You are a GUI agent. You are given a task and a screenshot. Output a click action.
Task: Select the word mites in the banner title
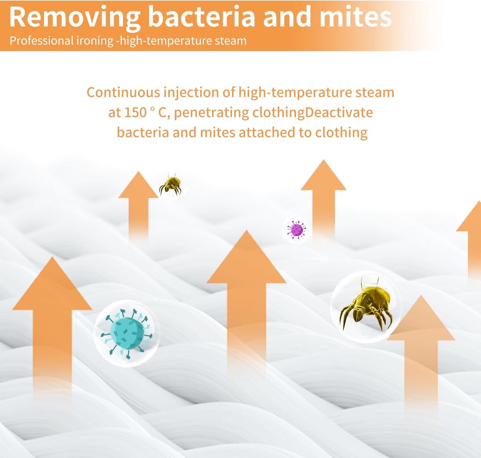(x=356, y=17)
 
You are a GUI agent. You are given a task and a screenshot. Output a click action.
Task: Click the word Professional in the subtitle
(x=41, y=41)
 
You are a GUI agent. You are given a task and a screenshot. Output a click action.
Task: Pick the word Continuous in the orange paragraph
(x=123, y=93)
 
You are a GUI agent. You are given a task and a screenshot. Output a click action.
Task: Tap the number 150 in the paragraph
(x=135, y=113)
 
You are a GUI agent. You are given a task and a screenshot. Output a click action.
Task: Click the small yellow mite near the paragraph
(x=171, y=184)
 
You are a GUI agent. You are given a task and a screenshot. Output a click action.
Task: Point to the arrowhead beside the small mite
(x=138, y=185)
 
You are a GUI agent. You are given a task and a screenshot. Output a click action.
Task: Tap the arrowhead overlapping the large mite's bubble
(x=421, y=318)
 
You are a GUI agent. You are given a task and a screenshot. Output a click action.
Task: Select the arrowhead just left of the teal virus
(x=52, y=284)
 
